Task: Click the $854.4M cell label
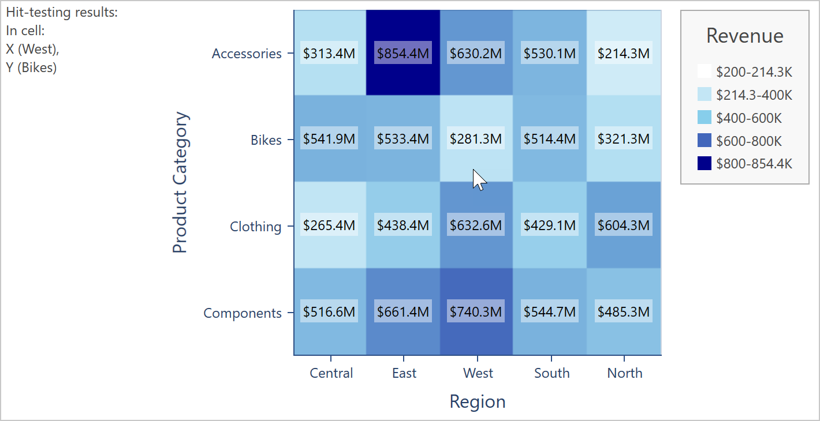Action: [403, 54]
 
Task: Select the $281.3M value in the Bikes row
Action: [476, 139]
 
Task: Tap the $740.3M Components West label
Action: [476, 312]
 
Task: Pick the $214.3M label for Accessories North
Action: [624, 54]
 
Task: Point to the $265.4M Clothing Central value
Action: [329, 225]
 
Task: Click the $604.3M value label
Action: [624, 225]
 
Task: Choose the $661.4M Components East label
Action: [403, 312]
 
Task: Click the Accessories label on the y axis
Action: [247, 54]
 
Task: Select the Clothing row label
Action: [255, 227]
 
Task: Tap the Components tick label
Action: [243, 313]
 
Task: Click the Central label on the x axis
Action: [331, 373]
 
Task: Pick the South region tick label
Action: [551, 373]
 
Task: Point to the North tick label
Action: [624, 373]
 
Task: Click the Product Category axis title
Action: [180, 183]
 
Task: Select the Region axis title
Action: [478, 401]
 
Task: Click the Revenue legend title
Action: [744, 36]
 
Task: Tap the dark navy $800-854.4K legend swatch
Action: [705, 164]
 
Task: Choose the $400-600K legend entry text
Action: [748, 118]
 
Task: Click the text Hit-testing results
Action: [62, 13]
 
